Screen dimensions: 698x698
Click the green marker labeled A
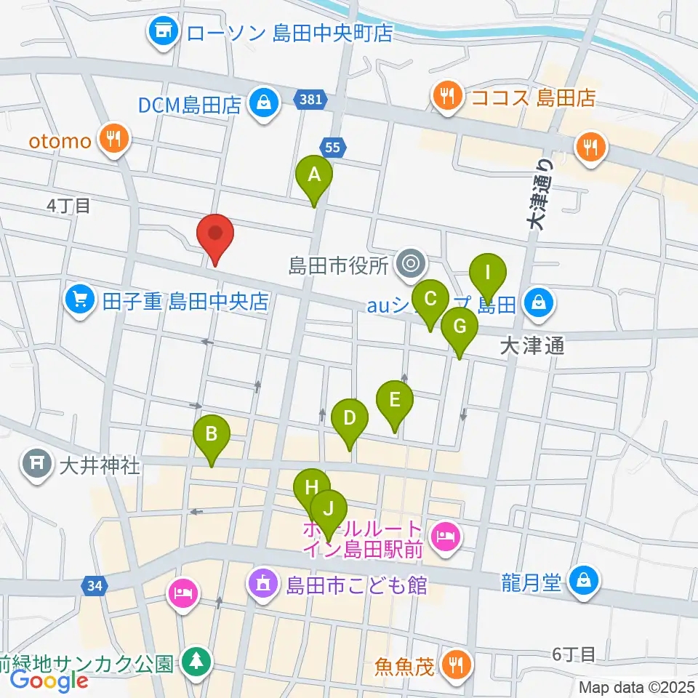(x=314, y=176)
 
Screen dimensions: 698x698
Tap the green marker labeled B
(x=212, y=436)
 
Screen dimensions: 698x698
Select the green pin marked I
(x=488, y=274)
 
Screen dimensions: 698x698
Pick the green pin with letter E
(x=395, y=401)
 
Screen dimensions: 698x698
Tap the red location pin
(x=216, y=235)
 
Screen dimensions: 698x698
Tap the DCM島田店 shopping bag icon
(x=261, y=104)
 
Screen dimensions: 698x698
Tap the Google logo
(x=49, y=681)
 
